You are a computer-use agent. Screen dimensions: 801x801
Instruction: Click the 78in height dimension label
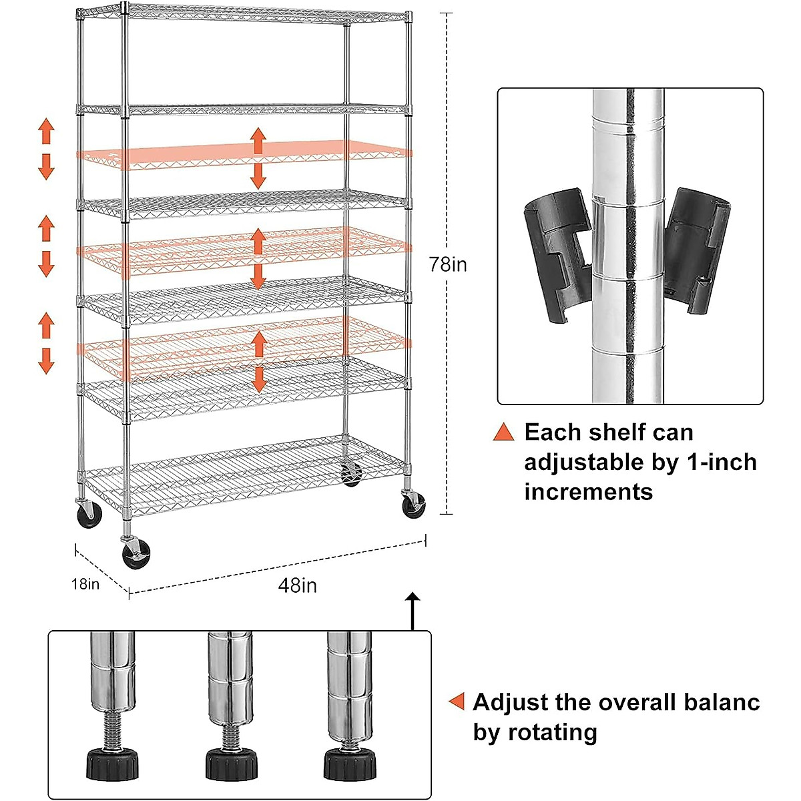(x=448, y=264)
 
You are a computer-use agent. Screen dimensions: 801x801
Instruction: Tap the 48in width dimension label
(x=298, y=585)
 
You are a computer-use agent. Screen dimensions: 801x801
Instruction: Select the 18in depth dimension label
(x=85, y=584)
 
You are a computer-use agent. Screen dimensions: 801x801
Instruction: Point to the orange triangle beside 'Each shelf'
(x=504, y=432)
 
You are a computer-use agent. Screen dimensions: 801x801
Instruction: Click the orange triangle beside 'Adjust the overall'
(x=457, y=702)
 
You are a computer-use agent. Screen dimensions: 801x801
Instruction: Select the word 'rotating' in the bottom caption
(x=553, y=732)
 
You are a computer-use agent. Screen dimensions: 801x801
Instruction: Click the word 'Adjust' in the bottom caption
(x=511, y=702)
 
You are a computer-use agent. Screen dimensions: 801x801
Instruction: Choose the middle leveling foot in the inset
(x=231, y=763)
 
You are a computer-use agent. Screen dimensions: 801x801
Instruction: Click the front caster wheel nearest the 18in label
(x=136, y=554)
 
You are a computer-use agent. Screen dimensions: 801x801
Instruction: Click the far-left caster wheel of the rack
(x=88, y=515)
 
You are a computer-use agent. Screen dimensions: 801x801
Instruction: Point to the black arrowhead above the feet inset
(x=413, y=598)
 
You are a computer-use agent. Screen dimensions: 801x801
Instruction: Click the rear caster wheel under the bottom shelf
(x=351, y=475)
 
